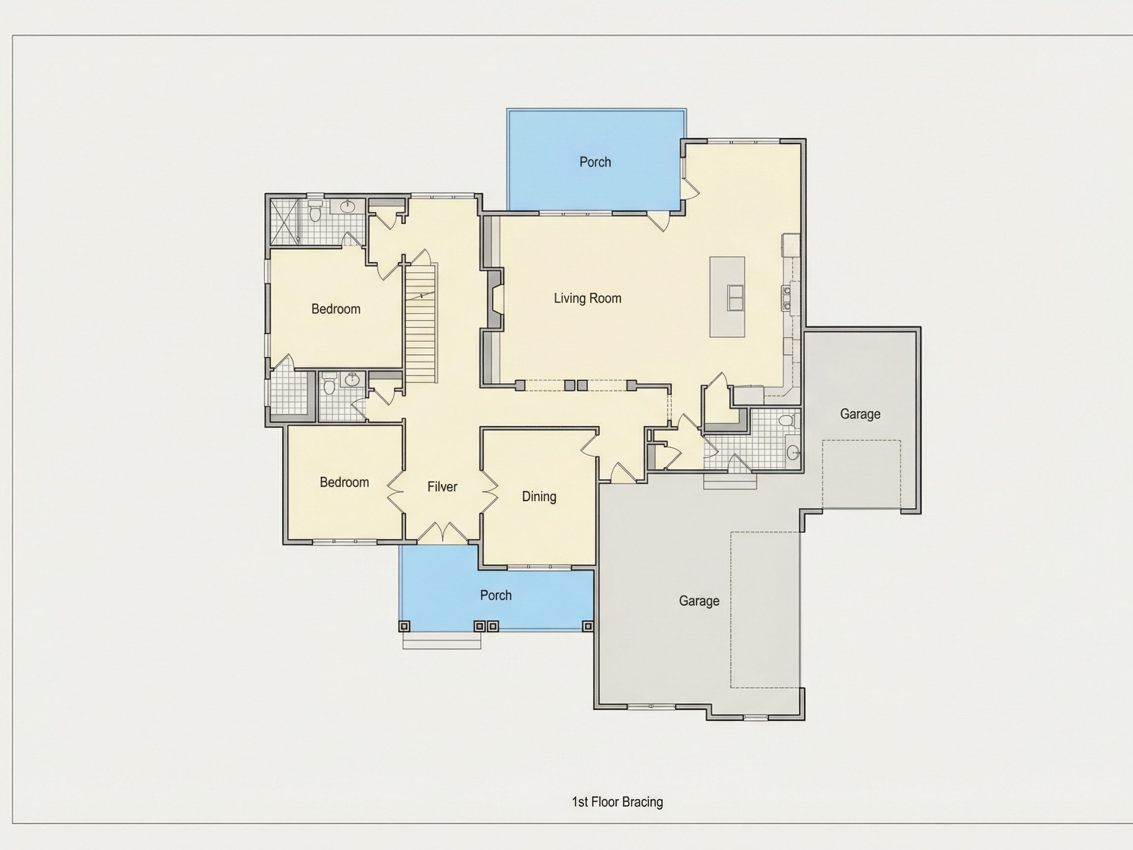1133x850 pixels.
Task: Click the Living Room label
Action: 588,298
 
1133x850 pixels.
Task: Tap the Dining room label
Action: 539,496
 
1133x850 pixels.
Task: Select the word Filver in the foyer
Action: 442,487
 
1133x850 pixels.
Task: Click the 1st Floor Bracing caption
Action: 617,802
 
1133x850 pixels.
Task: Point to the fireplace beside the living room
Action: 493,299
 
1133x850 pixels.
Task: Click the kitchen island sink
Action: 736,297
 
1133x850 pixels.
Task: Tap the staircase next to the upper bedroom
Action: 421,323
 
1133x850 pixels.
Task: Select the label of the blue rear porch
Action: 595,162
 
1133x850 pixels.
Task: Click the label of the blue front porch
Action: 496,595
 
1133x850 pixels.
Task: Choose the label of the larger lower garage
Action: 699,601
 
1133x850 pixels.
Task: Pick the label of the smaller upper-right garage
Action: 861,414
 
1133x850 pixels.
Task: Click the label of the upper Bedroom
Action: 336,309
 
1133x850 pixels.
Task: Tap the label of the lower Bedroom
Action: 344,482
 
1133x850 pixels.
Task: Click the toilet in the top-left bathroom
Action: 315,211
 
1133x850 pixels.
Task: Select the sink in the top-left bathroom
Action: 349,207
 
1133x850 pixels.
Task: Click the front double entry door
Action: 442,533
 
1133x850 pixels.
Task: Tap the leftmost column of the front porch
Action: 404,626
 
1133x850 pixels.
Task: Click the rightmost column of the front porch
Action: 588,626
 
